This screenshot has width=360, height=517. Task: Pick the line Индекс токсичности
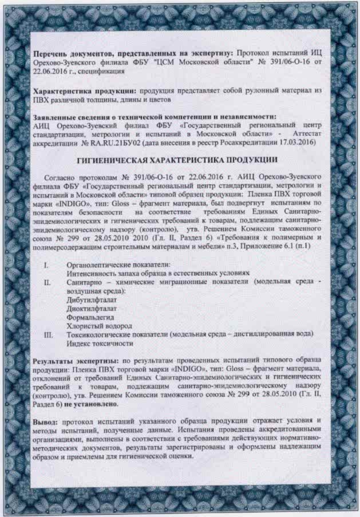click(x=100, y=343)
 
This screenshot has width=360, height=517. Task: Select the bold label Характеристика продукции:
click(x=84, y=91)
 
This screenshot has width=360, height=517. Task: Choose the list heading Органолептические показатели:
click(x=118, y=265)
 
